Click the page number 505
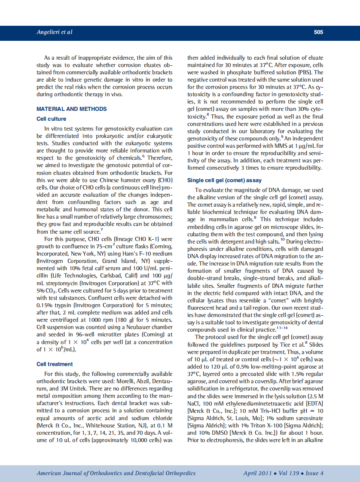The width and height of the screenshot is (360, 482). point(318,32)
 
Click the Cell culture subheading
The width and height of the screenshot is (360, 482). point(52,119)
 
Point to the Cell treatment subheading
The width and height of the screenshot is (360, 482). point(55,364)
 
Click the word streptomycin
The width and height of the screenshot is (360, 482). point(61,283)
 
